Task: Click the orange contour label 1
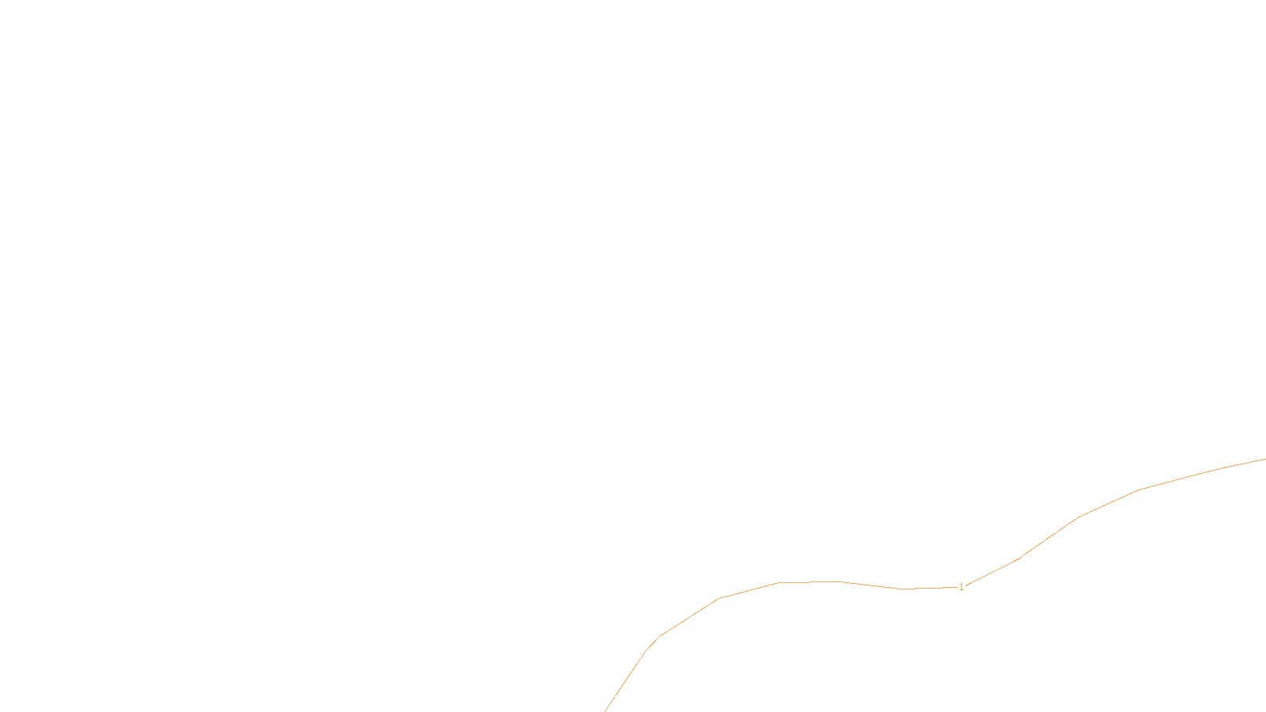click(961, 587)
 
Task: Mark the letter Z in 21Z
click(605, 699)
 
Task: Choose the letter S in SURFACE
click(617, 699)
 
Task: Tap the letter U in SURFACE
click(623, 699)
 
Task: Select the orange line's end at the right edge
click(1264, 459)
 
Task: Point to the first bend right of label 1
click(1018, 559)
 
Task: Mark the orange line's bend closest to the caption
click(646, 650)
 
